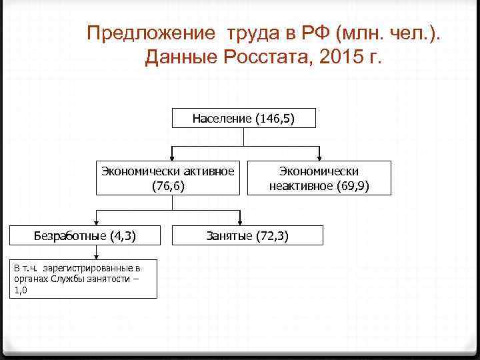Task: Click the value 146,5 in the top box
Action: point(274,119)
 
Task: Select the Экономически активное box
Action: point(168,177)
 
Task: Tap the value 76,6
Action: point(168,186)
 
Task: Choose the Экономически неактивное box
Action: point(319,177)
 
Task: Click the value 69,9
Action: point(353,186)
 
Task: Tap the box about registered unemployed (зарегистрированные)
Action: point(84,279)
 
